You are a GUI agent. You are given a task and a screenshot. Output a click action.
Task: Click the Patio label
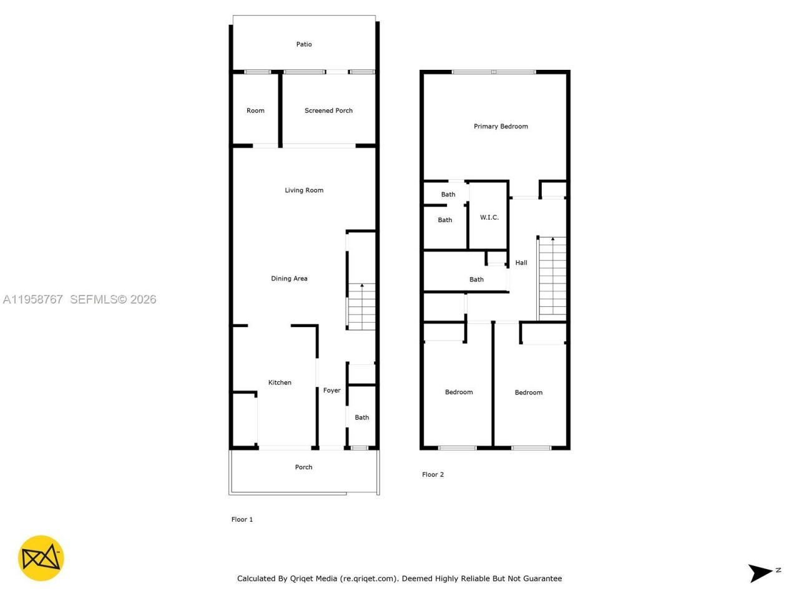[304, 44]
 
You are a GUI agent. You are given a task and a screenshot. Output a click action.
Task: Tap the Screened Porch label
[328, 110]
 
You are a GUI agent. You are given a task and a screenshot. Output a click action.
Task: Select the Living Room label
[304, 190]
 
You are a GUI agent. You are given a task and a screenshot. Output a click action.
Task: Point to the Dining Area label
[289, 278]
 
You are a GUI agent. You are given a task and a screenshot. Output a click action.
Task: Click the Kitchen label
[280, 382]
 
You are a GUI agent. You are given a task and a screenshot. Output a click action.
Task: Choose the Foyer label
[331, 391]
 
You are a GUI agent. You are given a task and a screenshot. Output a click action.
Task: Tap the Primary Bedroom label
[501, 126]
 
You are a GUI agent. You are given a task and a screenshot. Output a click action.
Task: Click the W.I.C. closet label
[489, 217]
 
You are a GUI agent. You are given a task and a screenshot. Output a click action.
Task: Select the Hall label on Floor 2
[521, 263]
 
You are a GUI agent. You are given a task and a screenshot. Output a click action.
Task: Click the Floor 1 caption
[242, 519]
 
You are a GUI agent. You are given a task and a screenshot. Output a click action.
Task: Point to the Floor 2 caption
[433, 474]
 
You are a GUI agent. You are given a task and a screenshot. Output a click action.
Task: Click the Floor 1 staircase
[361, 306]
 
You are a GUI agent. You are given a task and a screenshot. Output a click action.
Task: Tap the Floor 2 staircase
[552, 278]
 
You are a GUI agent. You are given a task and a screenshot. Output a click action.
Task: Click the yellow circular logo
[41, 558]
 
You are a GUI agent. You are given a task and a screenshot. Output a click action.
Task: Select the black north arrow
[760, 572]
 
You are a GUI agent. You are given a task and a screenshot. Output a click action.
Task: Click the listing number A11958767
[32, 299]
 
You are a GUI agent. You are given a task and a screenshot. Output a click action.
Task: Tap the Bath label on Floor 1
[362, 417]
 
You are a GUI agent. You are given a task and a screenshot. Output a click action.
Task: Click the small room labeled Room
[255, 110]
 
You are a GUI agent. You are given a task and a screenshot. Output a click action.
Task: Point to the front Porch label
[303, 467]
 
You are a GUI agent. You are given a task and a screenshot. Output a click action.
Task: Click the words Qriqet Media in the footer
[313, 578]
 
